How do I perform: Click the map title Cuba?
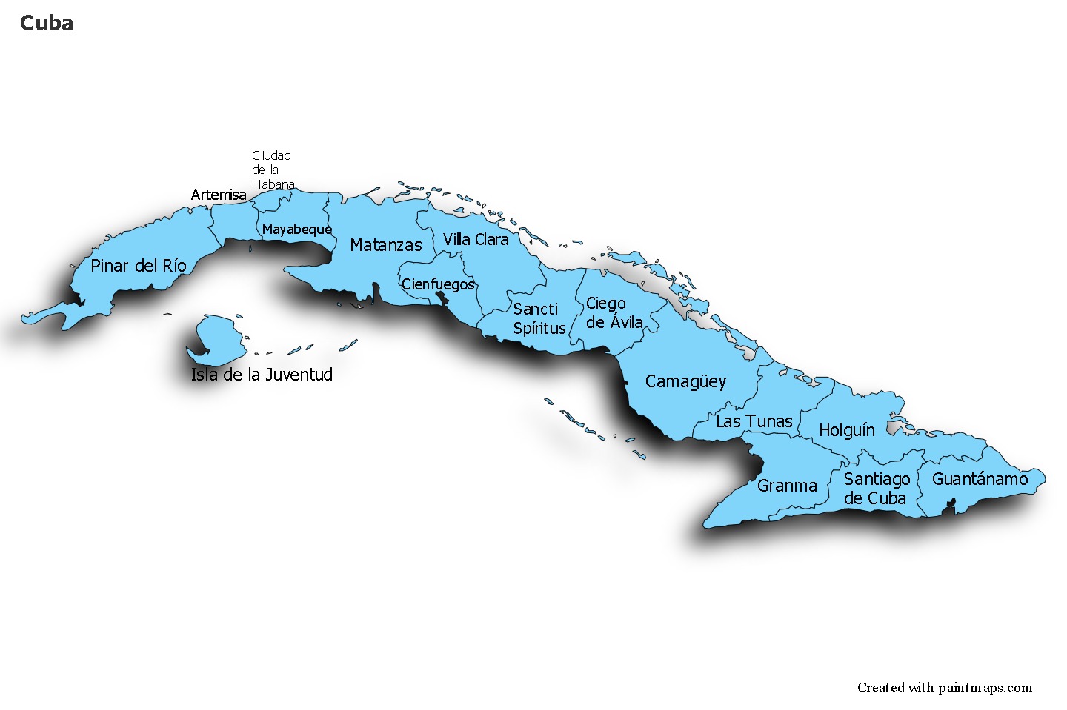click(x=46, y=23)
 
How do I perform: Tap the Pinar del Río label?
click(x=138, y=266)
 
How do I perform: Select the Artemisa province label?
click(x=219, y=195)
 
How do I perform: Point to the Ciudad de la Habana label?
click(x=272, y=170)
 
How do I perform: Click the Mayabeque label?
click(x=296, y=230)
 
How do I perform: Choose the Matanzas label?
click(x=385, y=245)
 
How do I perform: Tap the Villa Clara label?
click(x=476, y=239)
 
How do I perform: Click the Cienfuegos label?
click(x=437, y=284)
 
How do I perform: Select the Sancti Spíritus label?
click(x=539, y=318)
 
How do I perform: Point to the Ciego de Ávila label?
click(x=614, y=313)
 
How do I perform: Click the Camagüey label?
click(x=685, y=382)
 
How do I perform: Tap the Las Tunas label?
click(x=754, y=421)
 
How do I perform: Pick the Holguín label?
click(x=846, y=430)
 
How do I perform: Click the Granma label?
click(x=786, y=486)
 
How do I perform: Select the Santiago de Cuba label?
click(x=876, y=489)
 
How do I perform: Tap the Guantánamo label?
click(x=980, y=479)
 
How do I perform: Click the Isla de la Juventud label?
click(x=262, y=375)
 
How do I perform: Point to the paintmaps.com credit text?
click(x=944, y=688)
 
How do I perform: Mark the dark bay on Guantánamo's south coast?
click(x=952, y=506)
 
